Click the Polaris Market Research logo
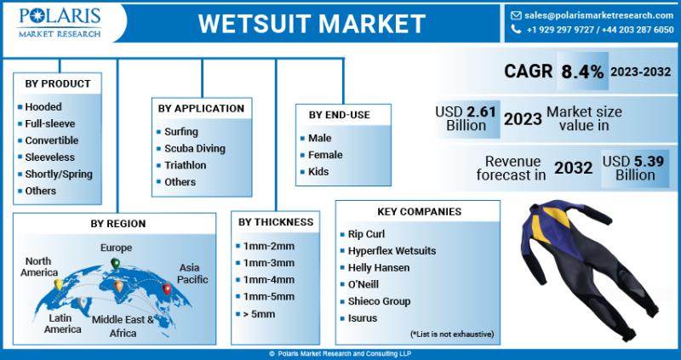click(60, 22)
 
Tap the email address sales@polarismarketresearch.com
click(599, 15)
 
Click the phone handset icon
click(516, 29)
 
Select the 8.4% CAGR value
click(582, 71)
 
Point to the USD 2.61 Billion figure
click(466, 118)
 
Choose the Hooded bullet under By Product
click(43, 107)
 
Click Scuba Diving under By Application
click(195, 149)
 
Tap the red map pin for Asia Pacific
click(167, 289)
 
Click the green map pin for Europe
click(115, 263)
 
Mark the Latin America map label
click(62, 323)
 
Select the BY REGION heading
click(118, 224)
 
